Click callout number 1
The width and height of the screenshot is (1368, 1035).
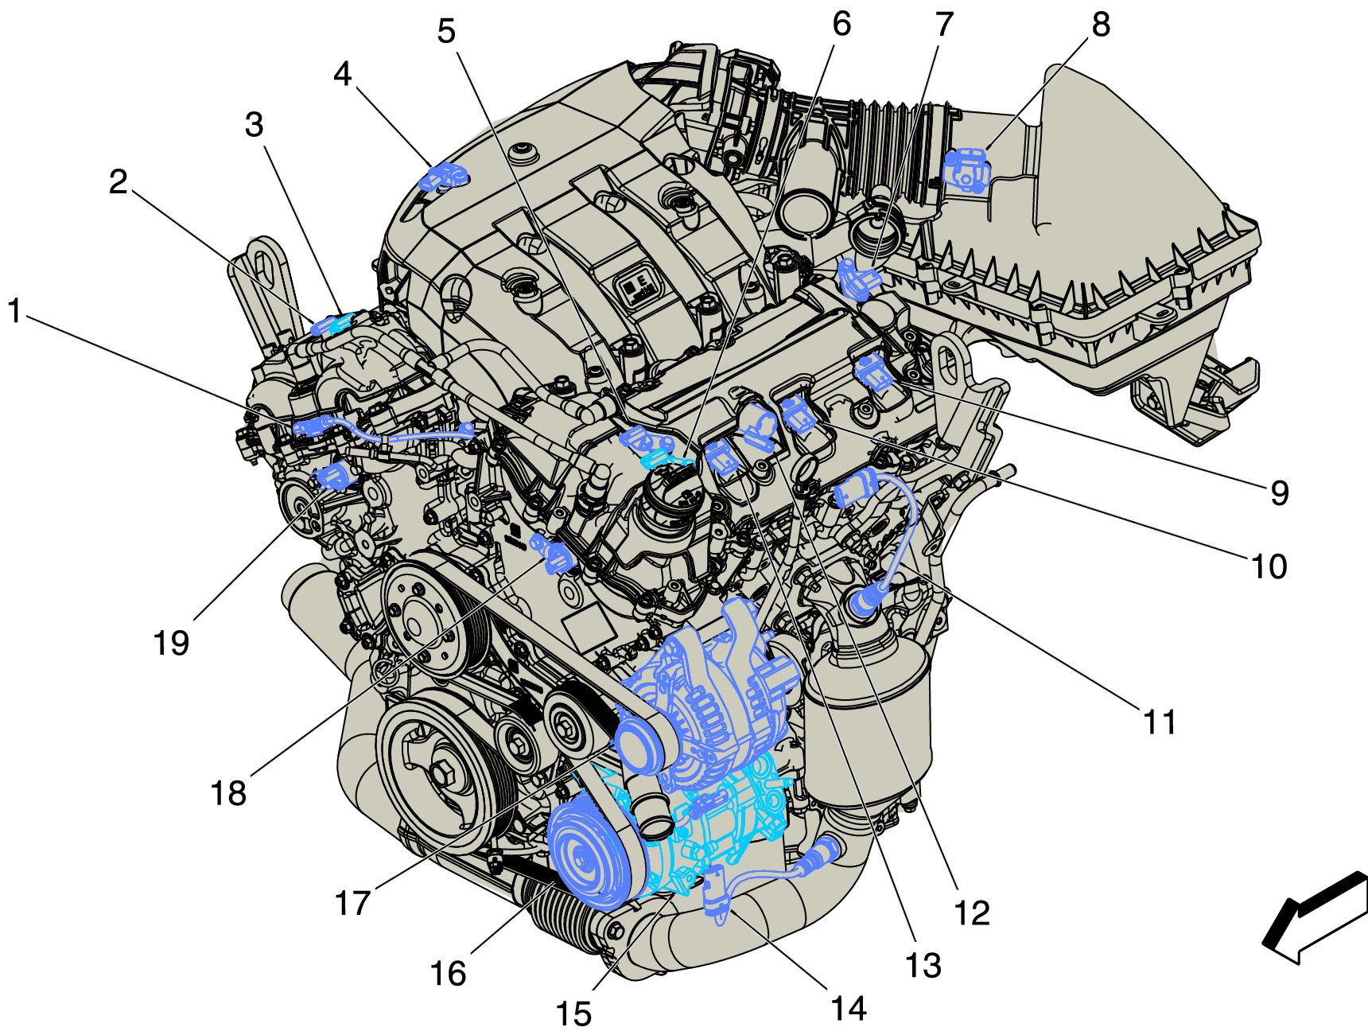[x=14, y=311]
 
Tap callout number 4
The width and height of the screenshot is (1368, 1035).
[x=342, y=74]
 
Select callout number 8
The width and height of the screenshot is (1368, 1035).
[x=1101, y=25]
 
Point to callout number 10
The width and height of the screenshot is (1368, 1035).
[x=1269, y=567]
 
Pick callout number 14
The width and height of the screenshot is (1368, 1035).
[x=848, y=1009]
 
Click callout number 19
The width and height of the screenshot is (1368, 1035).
[x=171, y=643]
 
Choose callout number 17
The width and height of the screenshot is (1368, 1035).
[x=352, y=903]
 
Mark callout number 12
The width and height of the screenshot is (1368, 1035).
[x=971, y=913]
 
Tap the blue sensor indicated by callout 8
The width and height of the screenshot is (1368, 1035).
[x=966, y=169]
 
